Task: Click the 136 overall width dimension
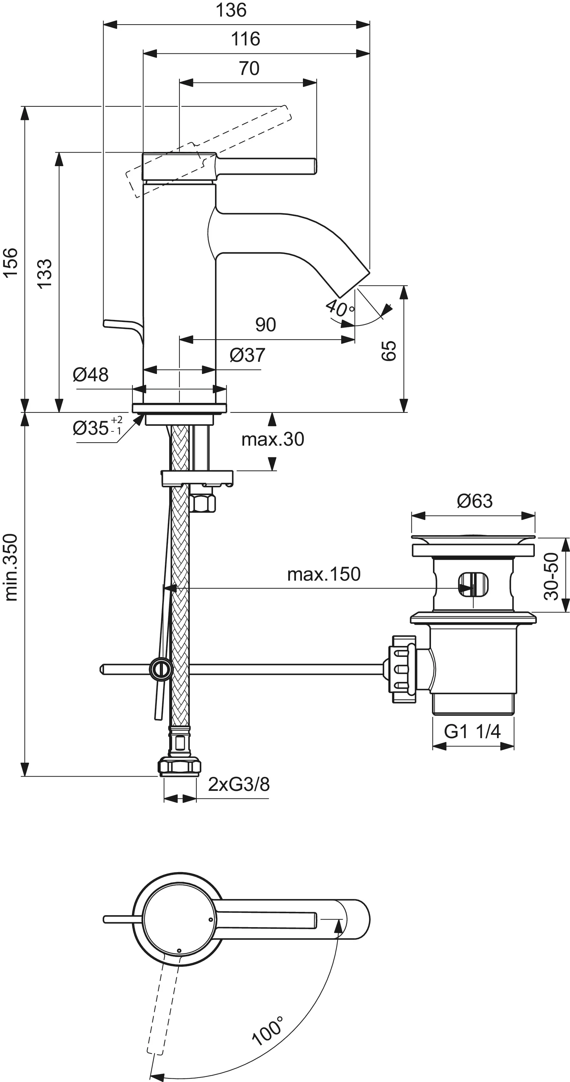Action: click(231, 10)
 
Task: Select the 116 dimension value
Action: click(246, 39)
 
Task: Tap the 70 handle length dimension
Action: click(249, 68)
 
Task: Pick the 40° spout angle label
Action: click(340, 308)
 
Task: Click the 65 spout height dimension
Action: click(389, 351)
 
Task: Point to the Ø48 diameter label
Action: click(90, 375)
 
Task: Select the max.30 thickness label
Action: click(272, 439)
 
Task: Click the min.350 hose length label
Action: click(11, 567)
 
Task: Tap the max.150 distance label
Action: click(324, 574)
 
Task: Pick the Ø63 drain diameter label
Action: click(474, 501)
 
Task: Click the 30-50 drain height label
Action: click(551, 576)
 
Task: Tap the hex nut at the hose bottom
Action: click(179, 766)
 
